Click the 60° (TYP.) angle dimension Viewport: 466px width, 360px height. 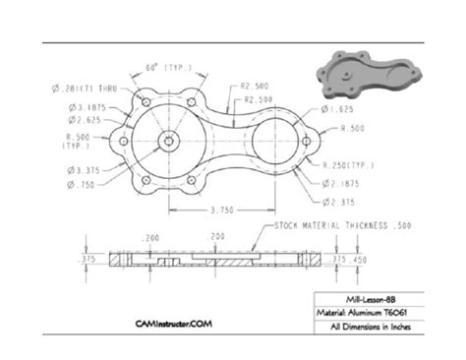pos(168,67)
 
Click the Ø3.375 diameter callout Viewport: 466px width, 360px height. pos(85,170)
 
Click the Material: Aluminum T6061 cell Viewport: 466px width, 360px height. pos(375,313)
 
